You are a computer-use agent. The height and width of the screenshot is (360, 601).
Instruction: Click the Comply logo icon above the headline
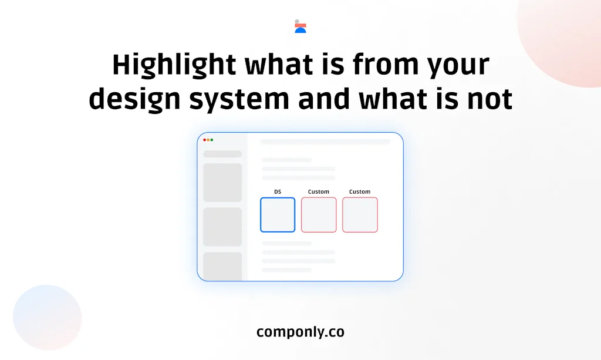pyautogui.click(x=300, y=26)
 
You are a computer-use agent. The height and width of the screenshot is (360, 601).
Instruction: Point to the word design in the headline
pyautogui.click(x=134, y=99)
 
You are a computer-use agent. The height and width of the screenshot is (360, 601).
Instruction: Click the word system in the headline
pyautogui.click(x=239, y=101)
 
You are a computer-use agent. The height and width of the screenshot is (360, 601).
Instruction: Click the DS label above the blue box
pyautogui.click(x=278, y=191)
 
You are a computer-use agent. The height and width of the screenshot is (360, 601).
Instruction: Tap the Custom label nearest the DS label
pyautogui.click(x=319, y=191)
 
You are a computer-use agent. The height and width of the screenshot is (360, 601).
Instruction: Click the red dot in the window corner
pyautogui.click(x=205, y=140)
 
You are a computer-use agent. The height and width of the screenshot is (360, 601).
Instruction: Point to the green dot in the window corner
pyautogui.click(x=211, y=140)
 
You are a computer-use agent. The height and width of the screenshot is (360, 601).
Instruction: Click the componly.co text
pyautogui.click(x=300, y=332)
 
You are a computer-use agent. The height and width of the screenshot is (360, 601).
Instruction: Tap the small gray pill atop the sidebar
pyautogui.click(x=222, y=154)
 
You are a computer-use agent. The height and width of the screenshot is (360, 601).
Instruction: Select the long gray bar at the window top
pyautogui.click(x=325, y=142)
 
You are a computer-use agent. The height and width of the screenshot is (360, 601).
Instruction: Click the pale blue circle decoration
pyautogui.click(x=47, y=318)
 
